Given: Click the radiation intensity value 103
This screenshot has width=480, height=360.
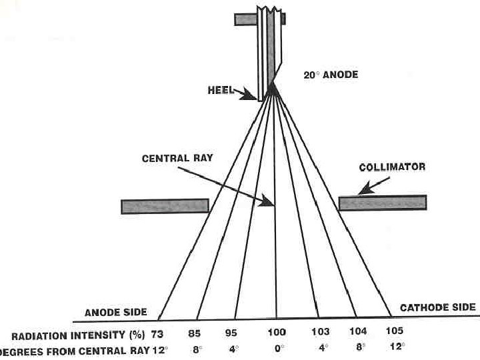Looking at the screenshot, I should (321, 331).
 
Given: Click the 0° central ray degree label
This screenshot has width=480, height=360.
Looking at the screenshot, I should (277, 349).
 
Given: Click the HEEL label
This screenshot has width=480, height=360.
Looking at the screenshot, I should (221, 89).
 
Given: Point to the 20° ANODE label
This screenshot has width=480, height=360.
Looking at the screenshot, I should (331, 75).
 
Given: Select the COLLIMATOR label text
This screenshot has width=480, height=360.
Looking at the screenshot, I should (392, 167).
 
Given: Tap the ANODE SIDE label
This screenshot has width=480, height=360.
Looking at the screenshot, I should (115, 312).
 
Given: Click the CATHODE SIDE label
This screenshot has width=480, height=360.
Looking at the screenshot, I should (437, 307).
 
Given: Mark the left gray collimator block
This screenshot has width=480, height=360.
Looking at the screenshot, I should (165, 206).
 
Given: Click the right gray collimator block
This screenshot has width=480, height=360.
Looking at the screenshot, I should (382, 203).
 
